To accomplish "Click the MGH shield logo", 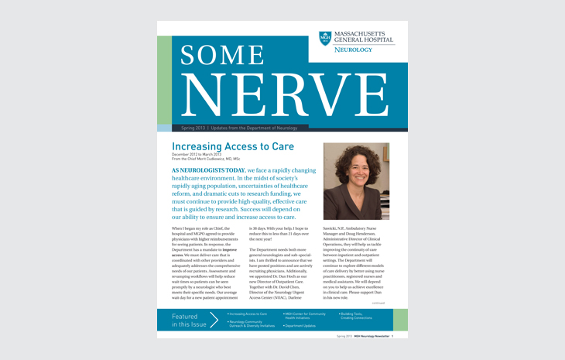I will (x=325, y=38).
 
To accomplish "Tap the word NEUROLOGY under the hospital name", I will (x=353, y=50).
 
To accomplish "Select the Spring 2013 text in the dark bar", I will (x=193, y=127).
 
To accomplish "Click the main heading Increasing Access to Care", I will (x=232, y=146).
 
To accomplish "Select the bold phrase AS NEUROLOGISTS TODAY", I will (x=207, y=170).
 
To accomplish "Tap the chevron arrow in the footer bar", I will (x=214, y=320).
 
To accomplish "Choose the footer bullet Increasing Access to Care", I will (x=248, y=314).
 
